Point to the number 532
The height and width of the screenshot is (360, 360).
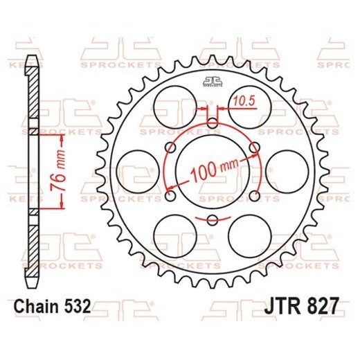coord(77,305)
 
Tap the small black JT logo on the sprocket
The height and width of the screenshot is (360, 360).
coord(211,83)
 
